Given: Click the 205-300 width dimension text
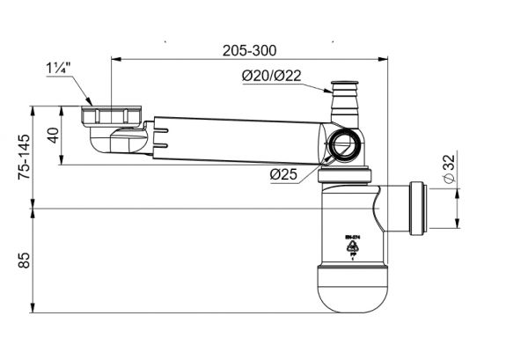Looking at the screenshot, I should [245, 51].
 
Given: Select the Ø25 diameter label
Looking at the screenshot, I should [282, 174].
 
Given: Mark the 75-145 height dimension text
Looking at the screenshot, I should [24, 158].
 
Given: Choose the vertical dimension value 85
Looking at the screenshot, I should [24, 260].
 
